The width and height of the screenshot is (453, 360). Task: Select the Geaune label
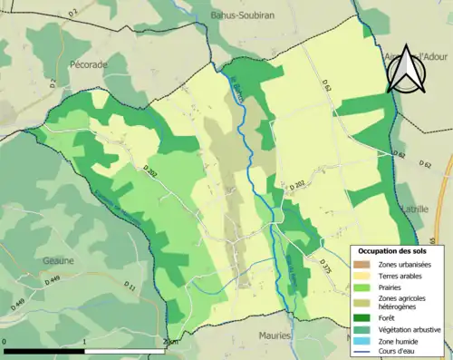[59, 259]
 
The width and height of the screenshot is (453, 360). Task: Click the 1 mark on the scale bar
[84, 343]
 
